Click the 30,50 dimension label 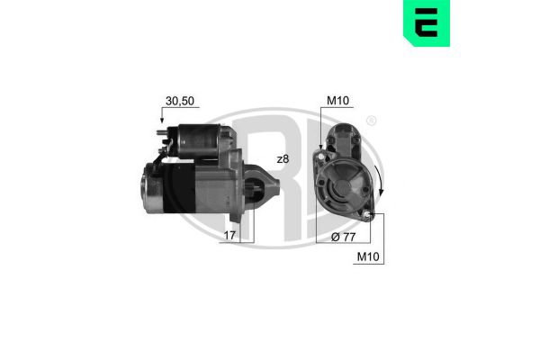point(180,101)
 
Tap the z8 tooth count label point(283,159)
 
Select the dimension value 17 point(229,235)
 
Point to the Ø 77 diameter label point(343,237)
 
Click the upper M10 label point(337,101)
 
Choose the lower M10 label point(368,256)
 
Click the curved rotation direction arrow point(381,179)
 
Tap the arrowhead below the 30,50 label point(162,121)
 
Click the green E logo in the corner point(427,23)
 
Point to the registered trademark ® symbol point(371,121)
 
